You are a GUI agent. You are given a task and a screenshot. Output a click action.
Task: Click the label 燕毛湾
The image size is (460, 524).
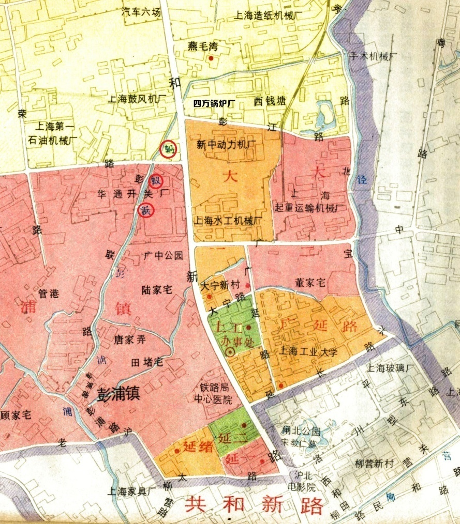click(x=203, y=47)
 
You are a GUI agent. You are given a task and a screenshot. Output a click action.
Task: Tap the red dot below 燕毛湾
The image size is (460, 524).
click(x=211, y=58)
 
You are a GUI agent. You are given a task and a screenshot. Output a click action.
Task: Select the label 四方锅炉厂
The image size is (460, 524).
click(x=214, y=103)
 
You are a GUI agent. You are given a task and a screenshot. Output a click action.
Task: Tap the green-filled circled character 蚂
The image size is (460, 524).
click(x=168, y=149)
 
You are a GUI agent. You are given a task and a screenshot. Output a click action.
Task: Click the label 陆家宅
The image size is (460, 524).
click(x=156, y=289)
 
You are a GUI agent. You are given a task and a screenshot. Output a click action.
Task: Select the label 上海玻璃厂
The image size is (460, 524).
click(x=391, y=368)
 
